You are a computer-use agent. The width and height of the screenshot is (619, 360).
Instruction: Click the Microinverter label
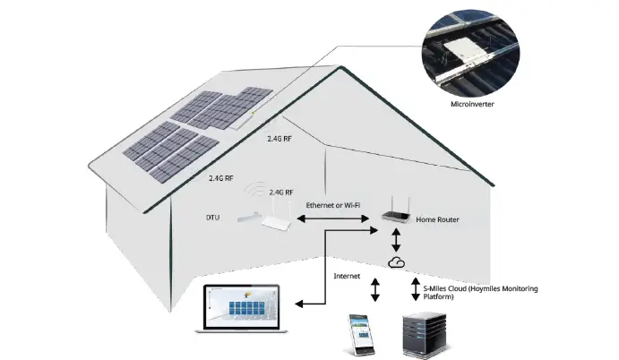472,105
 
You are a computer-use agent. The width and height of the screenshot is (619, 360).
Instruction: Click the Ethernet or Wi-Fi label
332,205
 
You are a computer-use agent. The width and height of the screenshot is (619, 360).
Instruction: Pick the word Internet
348,277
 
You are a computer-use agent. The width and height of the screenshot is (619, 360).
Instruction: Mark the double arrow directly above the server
416,288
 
